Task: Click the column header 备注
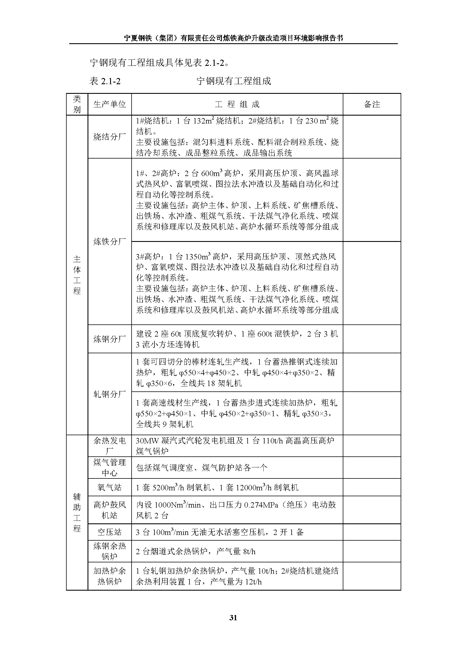pyautogui.click(x=372, y=104)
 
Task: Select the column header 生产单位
pyautogui.click(x=110, y=104)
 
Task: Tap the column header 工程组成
pyautogui.click(x=237, y=104)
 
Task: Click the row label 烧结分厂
pyautogui.click(x=110, y=137)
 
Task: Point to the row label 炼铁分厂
pyautogui.click(x=110, y=242)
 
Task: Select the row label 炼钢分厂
pyautogui.click(x=110, y=339)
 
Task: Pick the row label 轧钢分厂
pyautogui.click(x=110, y=394)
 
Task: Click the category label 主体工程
pyautogui.click(x=77, y=275)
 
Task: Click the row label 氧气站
pyautogui.click(x=110, y=487)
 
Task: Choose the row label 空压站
pyautogui.click(x=110, y=532)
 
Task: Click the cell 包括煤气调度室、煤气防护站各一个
pyautogui.click(x=201, y=467)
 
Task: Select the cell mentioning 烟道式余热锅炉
pyautogui.click(x=196, y=551)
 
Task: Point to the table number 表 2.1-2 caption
pyautogui.click(x=105, y=81)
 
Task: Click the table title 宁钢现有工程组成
pyautogui.click(x=234, y=81)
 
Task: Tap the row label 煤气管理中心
pyautogui.click(x=110, y=467)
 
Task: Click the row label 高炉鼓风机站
pyautogui.click(x=110, y=510)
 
